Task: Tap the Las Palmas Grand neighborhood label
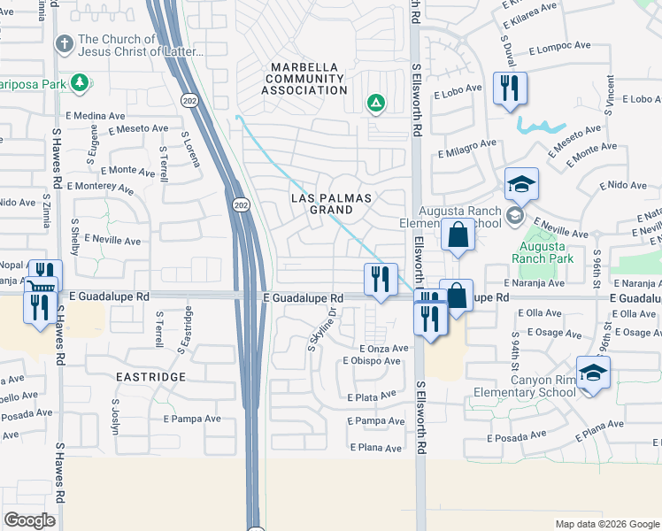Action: [x=332, y=204]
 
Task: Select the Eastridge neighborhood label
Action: [x=150, y=376]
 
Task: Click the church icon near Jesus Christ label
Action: [x=65, y=42]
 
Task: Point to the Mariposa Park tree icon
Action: [x=80, y=83]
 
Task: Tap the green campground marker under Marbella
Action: [x=375, y=104]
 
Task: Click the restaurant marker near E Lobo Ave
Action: [x=510, y=88]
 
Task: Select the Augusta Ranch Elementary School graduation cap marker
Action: [x=522, y=185]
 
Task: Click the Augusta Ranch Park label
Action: [x=546, y=252]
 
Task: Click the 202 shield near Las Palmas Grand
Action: [x=241, y=205]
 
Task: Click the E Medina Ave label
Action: [x=95, y=116]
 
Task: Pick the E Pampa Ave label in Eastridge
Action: [x=190, y=419]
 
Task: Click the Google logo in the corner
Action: [x=30, y=520]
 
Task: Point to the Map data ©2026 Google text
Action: [x=606, y=524]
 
